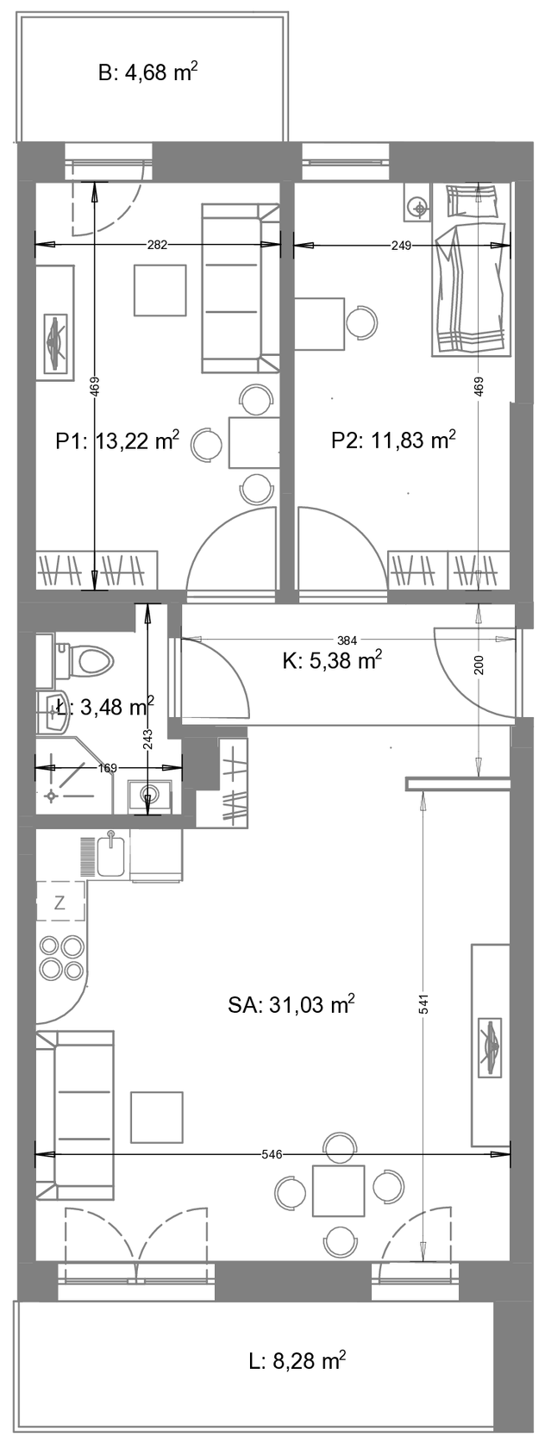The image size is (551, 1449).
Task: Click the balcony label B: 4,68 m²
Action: coord(147,72)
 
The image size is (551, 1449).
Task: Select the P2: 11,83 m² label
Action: coord(394,440)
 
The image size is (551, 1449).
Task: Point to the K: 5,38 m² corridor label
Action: coord(332,660)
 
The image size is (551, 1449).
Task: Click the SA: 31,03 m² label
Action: coord(291,1004)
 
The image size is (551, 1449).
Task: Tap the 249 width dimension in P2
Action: coord(402,245)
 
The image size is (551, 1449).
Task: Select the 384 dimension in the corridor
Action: coord(348,640)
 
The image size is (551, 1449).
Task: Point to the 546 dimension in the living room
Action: coord(272,1153)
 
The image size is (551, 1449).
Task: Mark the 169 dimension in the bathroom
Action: coord(108,768)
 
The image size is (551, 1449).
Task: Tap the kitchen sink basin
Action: coord(110,857)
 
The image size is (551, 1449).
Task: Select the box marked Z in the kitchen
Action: coord(60,903)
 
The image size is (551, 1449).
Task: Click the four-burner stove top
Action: coord(61,957)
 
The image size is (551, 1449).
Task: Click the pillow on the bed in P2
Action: coord(473,201)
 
